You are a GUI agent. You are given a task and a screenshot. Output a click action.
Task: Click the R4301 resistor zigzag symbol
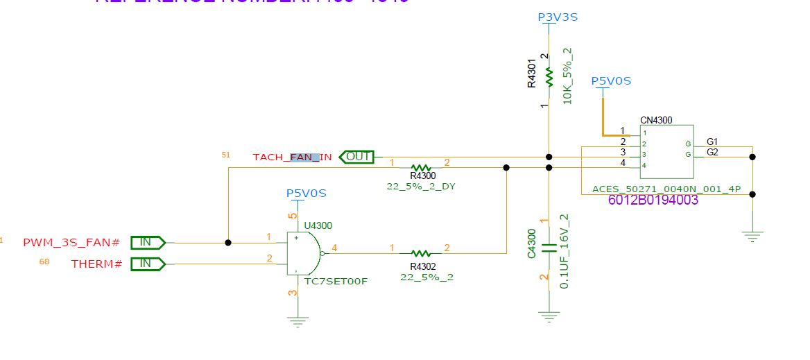549,76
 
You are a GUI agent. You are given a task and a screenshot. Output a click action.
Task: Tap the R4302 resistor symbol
422,253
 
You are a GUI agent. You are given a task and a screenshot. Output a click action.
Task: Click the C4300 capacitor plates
549,248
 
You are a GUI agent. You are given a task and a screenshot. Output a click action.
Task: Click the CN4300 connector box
665,148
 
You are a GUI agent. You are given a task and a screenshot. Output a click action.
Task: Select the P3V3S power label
558,17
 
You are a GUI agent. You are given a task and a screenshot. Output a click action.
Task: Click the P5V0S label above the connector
611,81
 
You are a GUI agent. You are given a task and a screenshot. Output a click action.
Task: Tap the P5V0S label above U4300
306,192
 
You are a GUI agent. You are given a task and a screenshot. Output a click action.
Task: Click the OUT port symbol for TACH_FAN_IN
356,157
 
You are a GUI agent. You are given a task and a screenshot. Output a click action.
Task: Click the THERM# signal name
97,264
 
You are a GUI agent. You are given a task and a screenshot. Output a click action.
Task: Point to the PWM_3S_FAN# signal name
71,243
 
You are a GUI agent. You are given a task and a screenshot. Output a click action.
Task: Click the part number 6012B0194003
653,200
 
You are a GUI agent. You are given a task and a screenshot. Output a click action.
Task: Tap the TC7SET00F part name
336,281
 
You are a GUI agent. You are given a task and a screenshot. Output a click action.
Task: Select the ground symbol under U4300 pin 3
298,321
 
